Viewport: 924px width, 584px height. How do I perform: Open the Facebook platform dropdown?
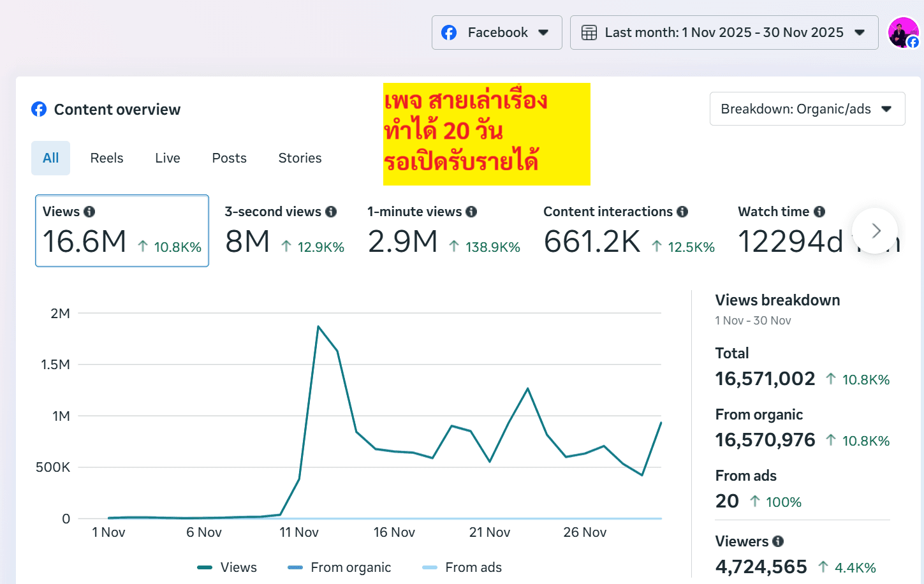496,33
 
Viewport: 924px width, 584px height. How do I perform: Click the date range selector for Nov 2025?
724,33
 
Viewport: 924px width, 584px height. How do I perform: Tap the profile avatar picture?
903,33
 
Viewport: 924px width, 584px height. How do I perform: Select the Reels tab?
106,158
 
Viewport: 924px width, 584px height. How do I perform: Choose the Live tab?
168,158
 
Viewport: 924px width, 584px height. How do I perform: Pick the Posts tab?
229,158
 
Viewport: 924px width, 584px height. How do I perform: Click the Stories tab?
300,158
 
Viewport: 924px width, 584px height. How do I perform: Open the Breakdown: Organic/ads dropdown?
807,109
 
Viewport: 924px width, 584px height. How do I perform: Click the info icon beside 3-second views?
331,212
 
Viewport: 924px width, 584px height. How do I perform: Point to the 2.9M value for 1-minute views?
403,242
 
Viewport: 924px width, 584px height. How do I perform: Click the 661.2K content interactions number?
592,242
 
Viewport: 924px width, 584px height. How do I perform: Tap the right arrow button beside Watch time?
875,231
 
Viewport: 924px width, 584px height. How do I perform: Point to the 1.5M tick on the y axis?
55,365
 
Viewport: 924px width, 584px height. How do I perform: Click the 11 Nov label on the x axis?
298,532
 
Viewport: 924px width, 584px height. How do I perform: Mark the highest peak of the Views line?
318,326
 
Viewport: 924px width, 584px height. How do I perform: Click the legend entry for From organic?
339,567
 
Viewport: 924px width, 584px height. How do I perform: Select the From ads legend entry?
462,567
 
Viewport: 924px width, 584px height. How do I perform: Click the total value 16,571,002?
765,379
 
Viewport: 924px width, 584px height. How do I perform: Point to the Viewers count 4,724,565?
761,567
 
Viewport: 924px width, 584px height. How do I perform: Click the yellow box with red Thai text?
487,134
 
